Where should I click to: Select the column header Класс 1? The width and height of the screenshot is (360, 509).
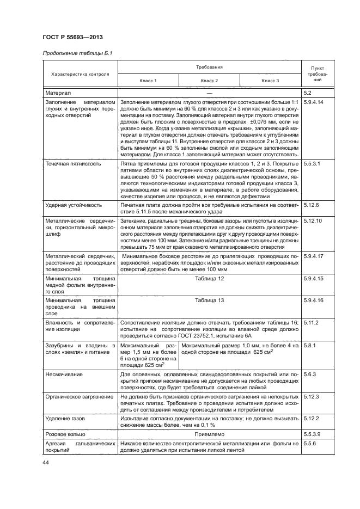point(148,81)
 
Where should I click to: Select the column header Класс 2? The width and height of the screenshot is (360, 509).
point(209,81)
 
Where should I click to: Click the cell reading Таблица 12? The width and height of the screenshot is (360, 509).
point(209,278)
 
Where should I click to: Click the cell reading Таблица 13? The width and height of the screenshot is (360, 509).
point(209,300)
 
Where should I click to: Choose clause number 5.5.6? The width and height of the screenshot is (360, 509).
point(310,443)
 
